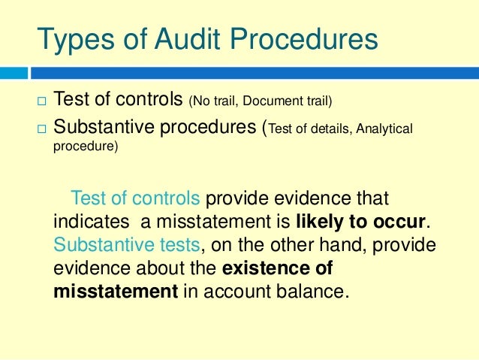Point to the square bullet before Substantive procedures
coord(41,130)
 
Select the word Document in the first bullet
coord(279,101)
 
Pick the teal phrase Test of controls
coord(135,199)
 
